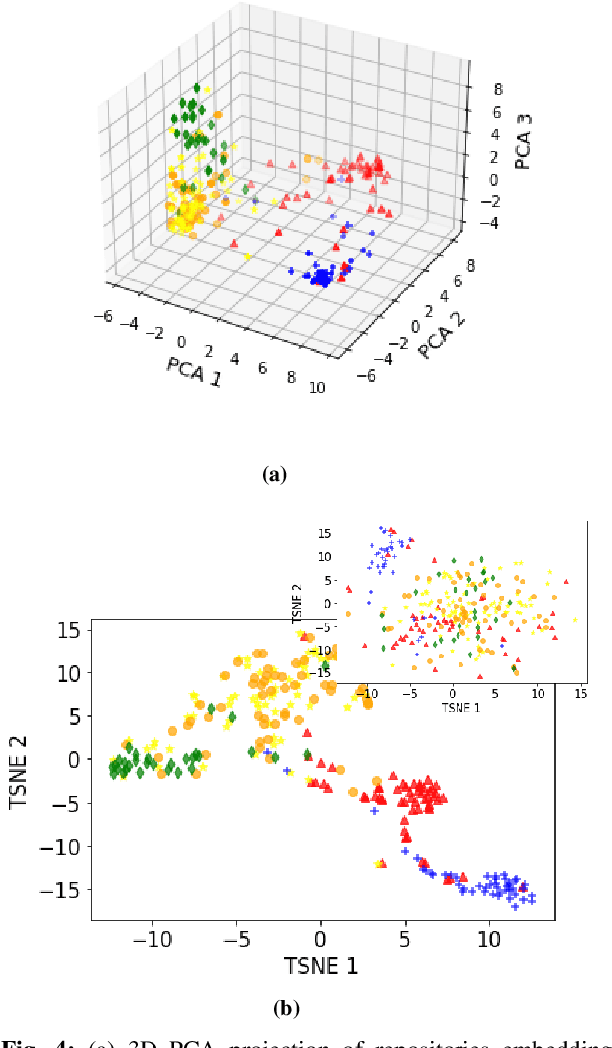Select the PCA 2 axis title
coord(443,331)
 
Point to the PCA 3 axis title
coord(525,142)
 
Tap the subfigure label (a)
coord(273,475)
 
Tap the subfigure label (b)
coord(286,1008)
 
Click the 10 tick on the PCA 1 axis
coord(318,388)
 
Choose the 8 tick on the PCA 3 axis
coord(483,88)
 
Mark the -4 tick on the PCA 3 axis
coord(479,225)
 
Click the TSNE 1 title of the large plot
coord(321,965)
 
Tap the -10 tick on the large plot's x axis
coord(153,938)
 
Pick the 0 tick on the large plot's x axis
coord(321,938)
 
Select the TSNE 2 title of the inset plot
coord(298,603)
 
